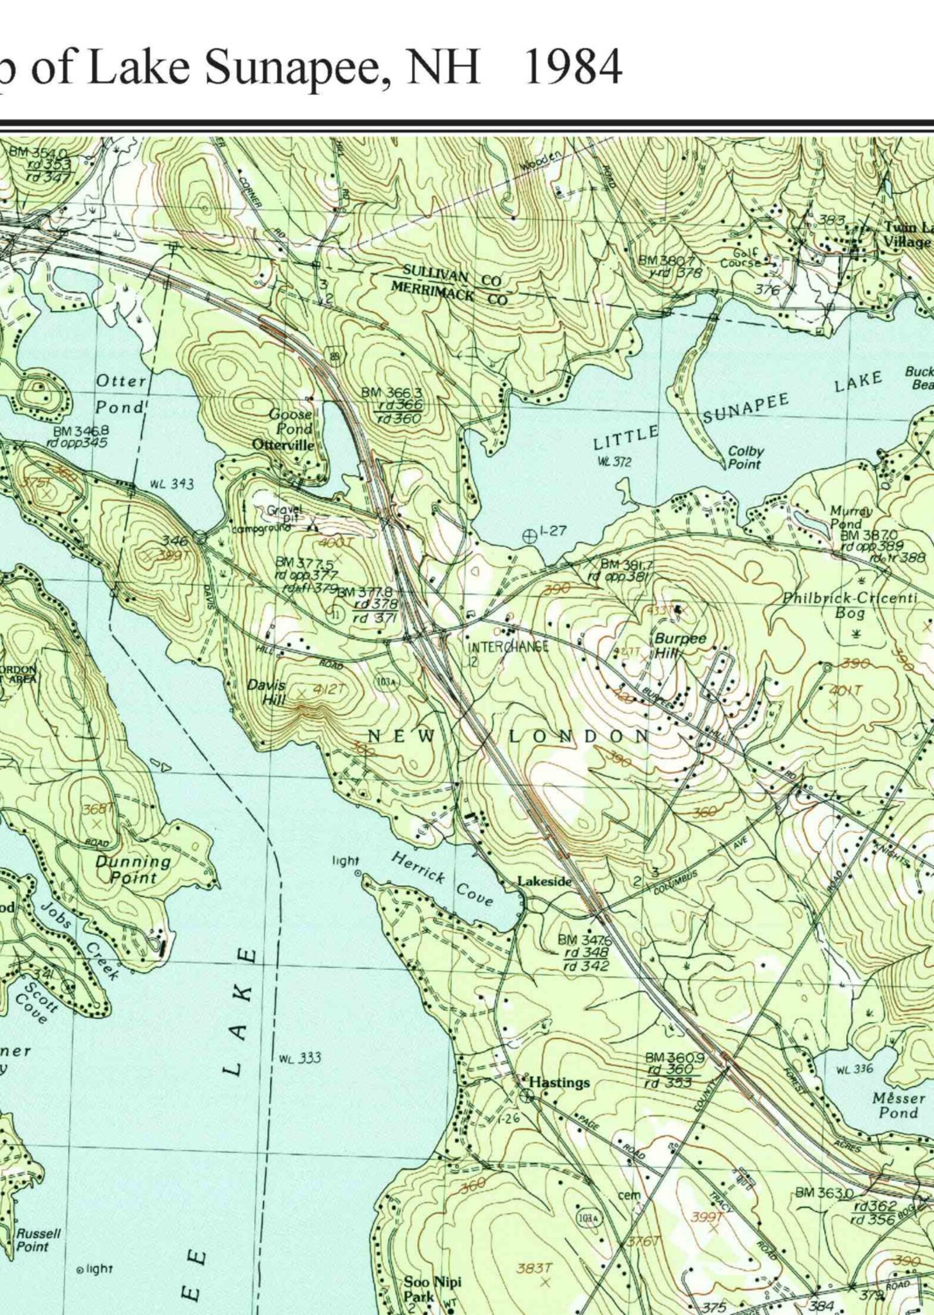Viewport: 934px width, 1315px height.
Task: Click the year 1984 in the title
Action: point(572,67)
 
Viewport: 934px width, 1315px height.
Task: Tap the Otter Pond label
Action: point(121,393)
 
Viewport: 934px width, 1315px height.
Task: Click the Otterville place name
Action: point(283,444)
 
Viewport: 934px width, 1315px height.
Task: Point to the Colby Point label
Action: point(745,457)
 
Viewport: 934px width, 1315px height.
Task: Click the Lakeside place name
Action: point(544,881)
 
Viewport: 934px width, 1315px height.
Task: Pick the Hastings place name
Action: point(559,1082)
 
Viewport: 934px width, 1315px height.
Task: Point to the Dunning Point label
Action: point(134,869)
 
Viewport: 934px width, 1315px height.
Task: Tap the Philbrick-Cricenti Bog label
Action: point(850,605)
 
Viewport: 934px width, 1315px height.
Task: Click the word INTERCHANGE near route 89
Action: point(508,647)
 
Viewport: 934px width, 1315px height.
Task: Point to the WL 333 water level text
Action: point(300,1058)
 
